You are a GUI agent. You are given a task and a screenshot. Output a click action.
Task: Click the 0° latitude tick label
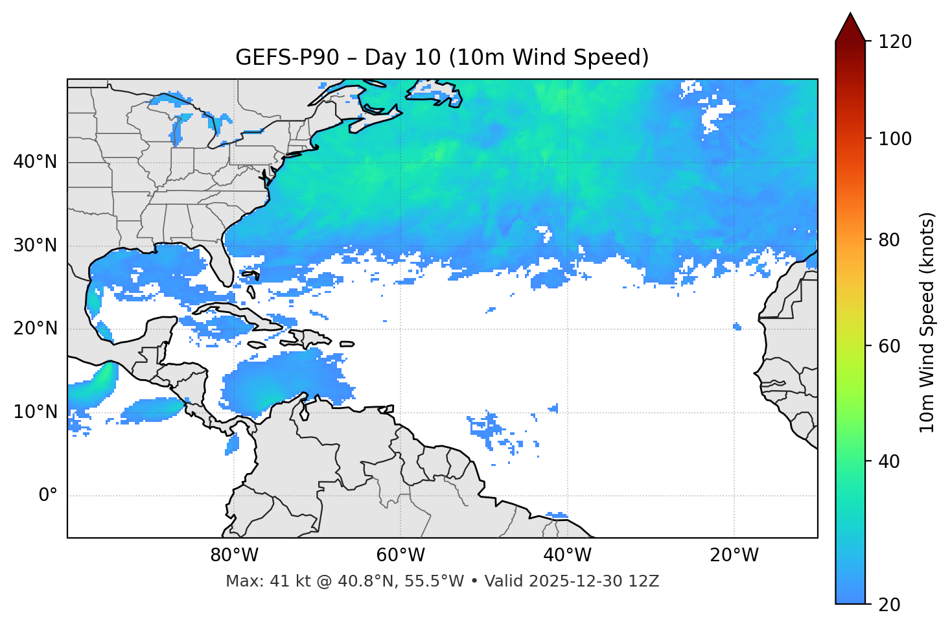(48, 496)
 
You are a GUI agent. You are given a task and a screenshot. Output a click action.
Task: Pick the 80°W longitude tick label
(234, 555)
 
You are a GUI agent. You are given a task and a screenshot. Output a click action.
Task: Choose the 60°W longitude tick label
(400, 555)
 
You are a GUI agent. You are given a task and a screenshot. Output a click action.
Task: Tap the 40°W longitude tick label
(567, 555)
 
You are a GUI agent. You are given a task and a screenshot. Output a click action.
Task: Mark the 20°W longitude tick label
(734, 555)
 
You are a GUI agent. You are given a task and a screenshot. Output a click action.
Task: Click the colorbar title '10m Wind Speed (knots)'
(927, 322)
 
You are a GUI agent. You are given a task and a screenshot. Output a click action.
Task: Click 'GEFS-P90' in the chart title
(287, 58)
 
